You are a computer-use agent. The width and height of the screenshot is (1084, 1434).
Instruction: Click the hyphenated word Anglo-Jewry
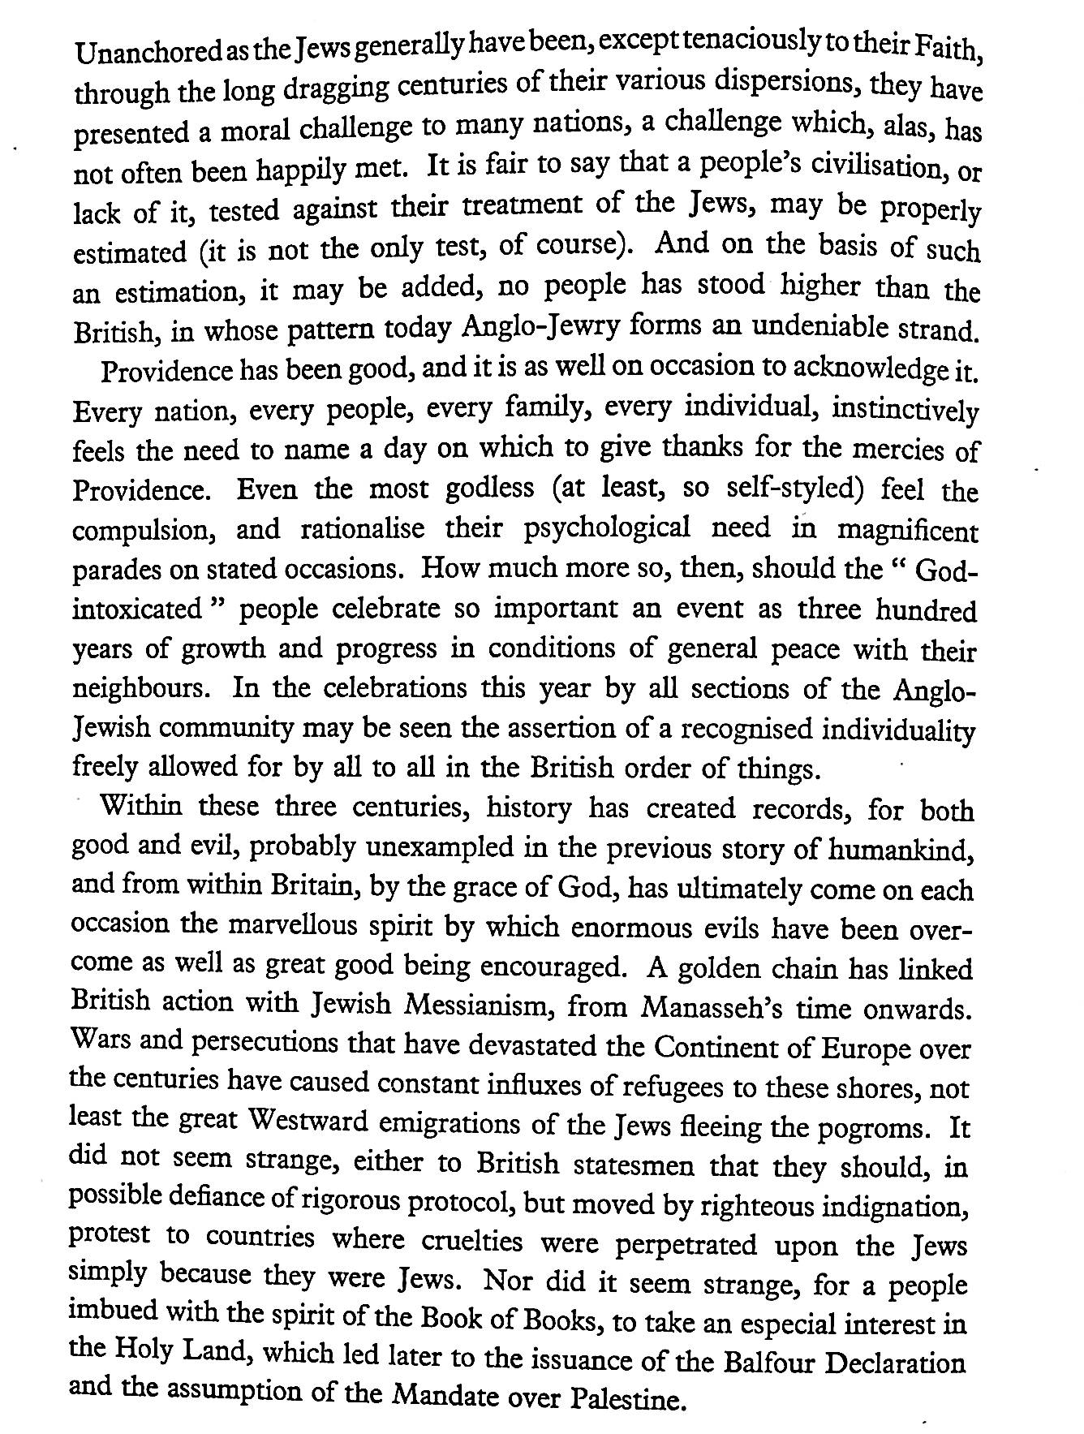pos(553,329)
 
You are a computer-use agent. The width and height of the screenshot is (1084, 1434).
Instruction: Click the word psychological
pos(607,529)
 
